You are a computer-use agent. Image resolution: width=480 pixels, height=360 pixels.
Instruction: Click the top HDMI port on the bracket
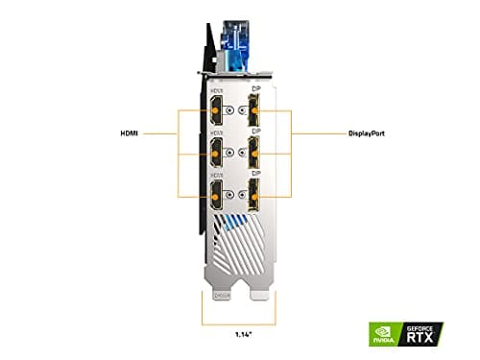pos(217,109)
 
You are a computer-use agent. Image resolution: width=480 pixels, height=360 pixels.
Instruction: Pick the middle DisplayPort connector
pos(255,153)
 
